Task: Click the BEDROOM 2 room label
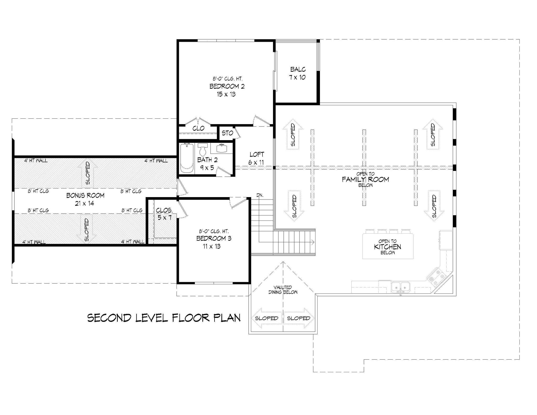click(x=227, y=86)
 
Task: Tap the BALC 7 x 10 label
click(x=298, y=73)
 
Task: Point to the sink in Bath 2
click(x=222, y=148)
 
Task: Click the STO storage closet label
click(x=227, y=133)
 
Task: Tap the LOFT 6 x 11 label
click(x=256, y=158)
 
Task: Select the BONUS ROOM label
click(x=85, y=196)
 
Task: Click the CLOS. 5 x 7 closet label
click(x=164, y=214)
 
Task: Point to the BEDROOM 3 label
click(x=214, y=239)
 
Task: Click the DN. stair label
click(x=260, y=195)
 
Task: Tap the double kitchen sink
click(x=401, y=287)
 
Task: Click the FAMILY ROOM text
click(x=365, y=180)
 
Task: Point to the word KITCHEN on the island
click(x=388, y=247)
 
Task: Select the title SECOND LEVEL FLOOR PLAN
click(x=164, y=318)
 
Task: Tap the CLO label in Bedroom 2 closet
click(x=198, y=128)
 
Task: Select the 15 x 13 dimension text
click(x=226, y=94)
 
